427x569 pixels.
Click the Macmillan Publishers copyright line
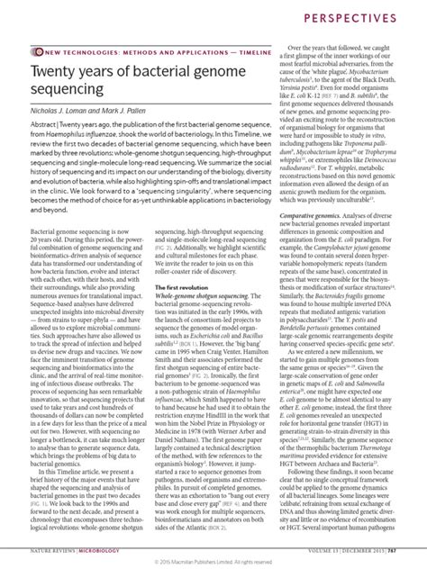coord(213,560)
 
